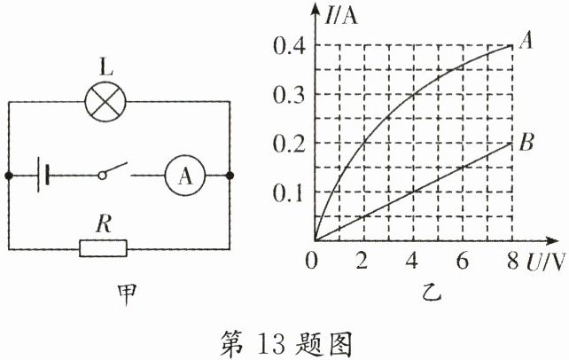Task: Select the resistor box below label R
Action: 104,247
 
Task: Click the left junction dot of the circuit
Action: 9,176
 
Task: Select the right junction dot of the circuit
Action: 230,176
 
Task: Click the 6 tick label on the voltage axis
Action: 461,262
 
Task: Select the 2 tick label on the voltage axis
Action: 362,262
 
